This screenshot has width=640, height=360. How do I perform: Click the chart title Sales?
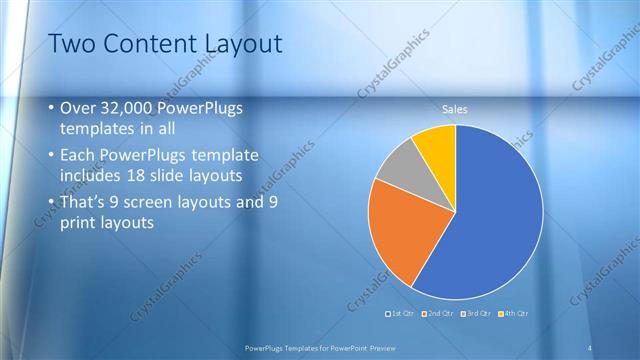[x=455, y=110]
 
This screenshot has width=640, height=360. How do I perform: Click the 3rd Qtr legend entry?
[x=475, y=314]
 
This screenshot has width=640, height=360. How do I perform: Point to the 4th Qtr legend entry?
[x=512, y=314]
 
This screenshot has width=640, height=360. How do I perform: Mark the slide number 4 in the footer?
[x=591, y=347]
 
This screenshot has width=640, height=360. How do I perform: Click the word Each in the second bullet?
[x=79, y=155]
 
